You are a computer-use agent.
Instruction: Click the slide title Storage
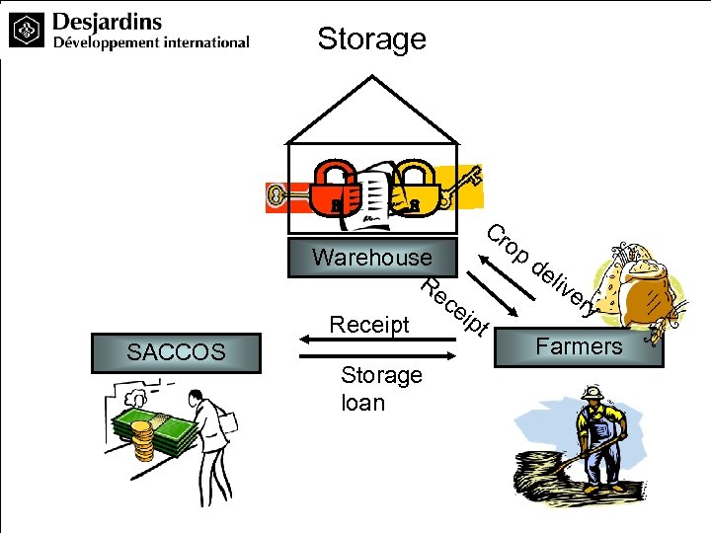tap(371, 38)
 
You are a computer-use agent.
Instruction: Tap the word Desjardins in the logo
tap(107, 21)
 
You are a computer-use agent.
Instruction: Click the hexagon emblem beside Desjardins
tap(27, 31)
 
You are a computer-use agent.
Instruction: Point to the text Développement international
tap(150, 42)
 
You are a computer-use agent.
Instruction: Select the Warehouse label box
tap(372, 258)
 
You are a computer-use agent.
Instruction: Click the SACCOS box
tap(176, 352)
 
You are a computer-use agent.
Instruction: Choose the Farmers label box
tap(579, 346)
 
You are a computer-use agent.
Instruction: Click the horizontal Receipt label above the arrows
tap(368, 324)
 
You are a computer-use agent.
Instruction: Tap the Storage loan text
tap(380, 389)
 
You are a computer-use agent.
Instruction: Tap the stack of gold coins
tap(144, 442)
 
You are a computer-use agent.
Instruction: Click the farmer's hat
tap(592, 392)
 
